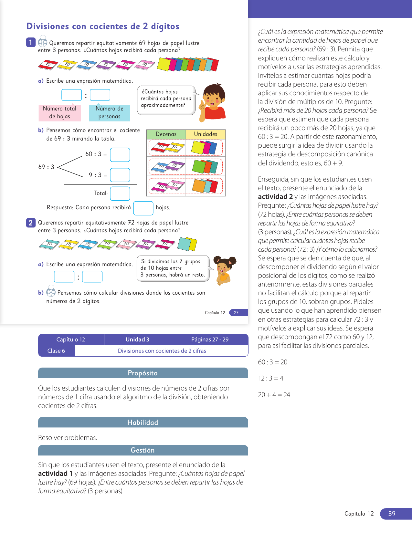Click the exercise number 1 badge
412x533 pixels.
(31, 42)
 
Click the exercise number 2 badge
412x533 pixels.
(31, 223)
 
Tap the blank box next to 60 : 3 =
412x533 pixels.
(120, 155)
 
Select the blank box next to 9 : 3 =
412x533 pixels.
(120, 175)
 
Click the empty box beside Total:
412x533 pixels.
(120, 193)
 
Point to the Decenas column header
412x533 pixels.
(166, 134)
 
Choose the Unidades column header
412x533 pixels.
(206, 134)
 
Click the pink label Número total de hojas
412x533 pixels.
(60, 112)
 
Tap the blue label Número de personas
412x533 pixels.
(109, 112)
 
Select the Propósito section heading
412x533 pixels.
(143, 373)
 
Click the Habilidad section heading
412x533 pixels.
(143, 423)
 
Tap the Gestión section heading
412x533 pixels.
(143, 450)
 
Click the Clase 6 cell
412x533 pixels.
(57, 351)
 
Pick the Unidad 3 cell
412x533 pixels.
(137, 340)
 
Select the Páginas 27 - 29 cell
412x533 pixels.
(210, 340)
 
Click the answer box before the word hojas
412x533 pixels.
(143, 208)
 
